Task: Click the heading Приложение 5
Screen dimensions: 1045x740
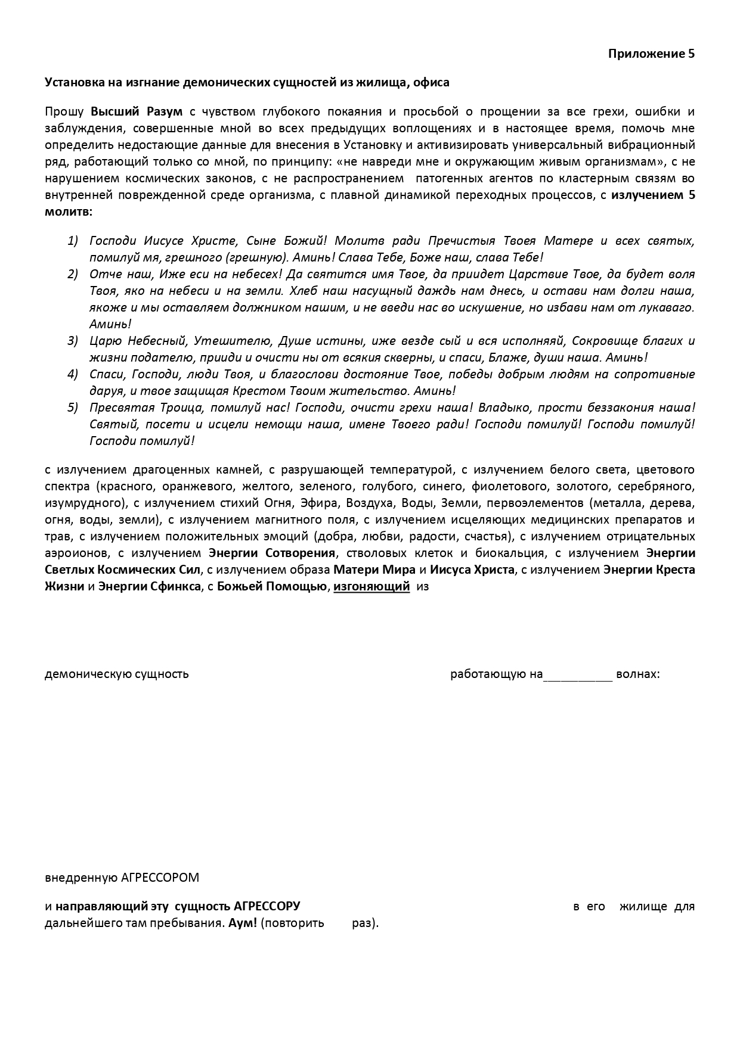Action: point(651,54)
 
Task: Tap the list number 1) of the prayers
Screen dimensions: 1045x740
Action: point(73,241)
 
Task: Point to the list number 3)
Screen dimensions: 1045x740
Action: point(73,341)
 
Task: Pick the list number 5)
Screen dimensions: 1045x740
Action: point(73,408)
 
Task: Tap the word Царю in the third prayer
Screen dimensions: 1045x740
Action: point(106,341)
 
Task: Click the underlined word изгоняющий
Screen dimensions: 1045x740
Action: point(371,586)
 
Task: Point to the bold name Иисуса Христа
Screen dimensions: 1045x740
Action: point(472,570)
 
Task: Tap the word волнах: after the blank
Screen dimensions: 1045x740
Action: point(638,674)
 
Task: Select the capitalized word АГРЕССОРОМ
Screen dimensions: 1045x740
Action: point(160,878)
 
